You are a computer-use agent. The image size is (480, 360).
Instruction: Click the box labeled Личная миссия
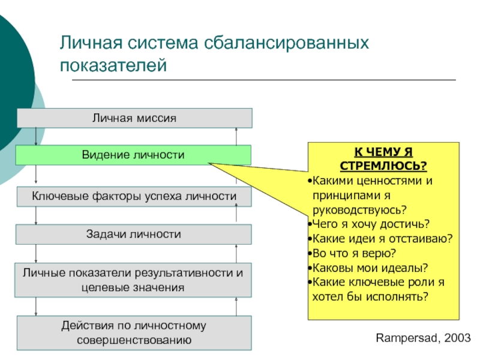[134, 118]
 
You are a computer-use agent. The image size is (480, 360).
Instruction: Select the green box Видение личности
[133, 155]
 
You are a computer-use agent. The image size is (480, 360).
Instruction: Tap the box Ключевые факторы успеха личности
[134, 197]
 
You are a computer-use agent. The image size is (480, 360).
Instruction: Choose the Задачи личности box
[134, 234]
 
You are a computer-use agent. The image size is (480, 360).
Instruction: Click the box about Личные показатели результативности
[133, 280]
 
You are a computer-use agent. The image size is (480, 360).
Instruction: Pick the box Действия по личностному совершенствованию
[134, 333]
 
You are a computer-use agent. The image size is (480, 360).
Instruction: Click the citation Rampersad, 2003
[423, 338]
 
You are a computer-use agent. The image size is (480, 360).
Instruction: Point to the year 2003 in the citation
[457, 338]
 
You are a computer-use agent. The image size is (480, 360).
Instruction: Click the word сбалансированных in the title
[286, 43]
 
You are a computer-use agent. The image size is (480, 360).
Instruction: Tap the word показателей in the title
[113, 65]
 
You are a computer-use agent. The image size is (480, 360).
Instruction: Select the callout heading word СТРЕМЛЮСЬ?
[383, 166]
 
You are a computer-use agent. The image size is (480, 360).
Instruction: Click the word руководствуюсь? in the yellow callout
[359, 210]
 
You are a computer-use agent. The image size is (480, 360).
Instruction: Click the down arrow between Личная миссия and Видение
[36, 136]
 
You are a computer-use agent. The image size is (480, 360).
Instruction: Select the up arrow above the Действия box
[236, 307]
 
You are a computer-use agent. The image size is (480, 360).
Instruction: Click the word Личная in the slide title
[91, 43]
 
